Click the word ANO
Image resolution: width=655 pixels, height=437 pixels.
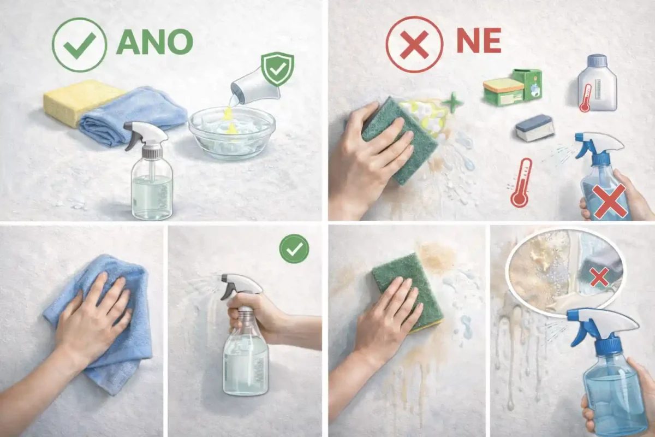(x=154, y=42)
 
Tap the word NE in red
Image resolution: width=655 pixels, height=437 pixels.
(x=478, y=42)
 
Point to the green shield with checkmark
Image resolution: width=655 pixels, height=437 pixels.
(x=277, y=69)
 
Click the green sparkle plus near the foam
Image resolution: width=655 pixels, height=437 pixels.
(x=452, y=103)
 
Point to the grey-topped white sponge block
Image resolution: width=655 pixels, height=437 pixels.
(x=535, y=128)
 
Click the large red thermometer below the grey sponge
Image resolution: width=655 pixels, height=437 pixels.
(x=522, y=182)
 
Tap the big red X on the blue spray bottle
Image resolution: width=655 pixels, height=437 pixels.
(x=609, y=201)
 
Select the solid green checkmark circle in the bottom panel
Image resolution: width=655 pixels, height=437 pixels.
(x=294, y=249)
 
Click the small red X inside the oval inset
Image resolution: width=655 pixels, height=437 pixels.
(x=599, y=277)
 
